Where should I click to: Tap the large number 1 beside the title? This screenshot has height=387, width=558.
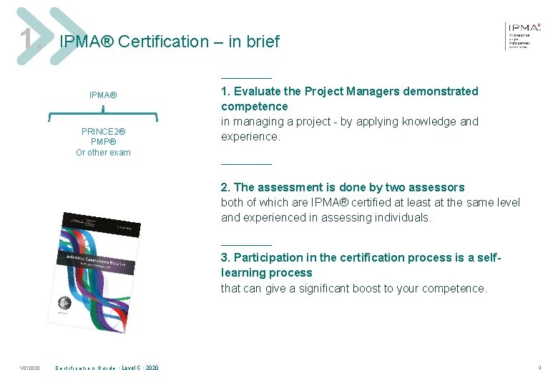click(x=27, y=40)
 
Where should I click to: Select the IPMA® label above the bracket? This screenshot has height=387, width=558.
click(x=103, y=95)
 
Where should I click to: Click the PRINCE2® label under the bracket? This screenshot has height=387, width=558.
click(x=103, y=132)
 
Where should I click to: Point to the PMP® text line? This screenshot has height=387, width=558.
click(x=103, y=142)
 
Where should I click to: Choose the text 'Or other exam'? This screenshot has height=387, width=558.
click(x=103, y=153)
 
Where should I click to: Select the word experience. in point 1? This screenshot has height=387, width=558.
click(x=250, y=136)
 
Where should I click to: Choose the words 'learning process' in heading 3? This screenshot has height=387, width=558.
click(x=266, y=272)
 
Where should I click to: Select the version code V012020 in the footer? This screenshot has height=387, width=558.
click(x=29, y=368)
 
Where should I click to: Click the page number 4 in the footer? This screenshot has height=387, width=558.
click(x=539, y=368)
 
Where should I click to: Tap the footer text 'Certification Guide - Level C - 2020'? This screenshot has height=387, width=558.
click(x=107, y=368)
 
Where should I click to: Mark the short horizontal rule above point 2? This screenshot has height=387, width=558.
click(x=246, y=164)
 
